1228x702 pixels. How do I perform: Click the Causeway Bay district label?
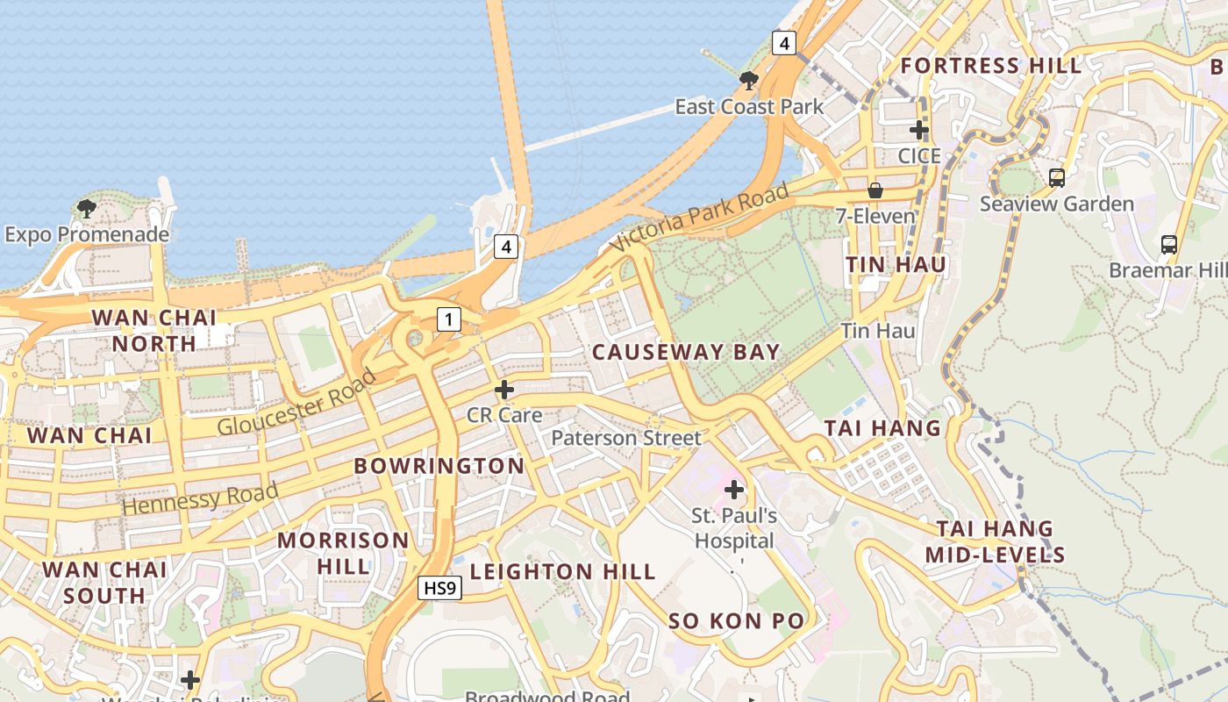(x=685, y=353)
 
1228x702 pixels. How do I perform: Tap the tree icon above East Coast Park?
(x=748, y=82)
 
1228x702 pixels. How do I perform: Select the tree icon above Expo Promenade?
(x=86, y=209)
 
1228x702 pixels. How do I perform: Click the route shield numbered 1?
(x=448, y=319)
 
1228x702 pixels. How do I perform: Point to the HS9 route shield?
(x=439, y=588)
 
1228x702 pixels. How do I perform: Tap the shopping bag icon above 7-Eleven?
(x=875, y=190)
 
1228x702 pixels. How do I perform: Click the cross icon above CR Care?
(x=504, y=389)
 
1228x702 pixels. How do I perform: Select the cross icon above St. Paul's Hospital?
(x=734, y=489)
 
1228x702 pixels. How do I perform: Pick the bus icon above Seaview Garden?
(x=1057, y=178)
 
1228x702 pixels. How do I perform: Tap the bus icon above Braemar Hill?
(x=1168, y=244)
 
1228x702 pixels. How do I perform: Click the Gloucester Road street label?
(x=296, y=403)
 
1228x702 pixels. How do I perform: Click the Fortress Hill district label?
(x=991, y=66)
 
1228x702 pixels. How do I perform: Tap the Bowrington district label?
(x=439, y=466)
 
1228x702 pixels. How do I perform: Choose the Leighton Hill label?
(x=562, y=572)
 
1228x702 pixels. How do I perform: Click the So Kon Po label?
(x=736, y=621)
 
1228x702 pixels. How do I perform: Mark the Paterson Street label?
(x=626, y=438)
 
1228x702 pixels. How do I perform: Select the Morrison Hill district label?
(x=343, y=553)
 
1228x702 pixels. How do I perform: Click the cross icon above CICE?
(x=919, y=131)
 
